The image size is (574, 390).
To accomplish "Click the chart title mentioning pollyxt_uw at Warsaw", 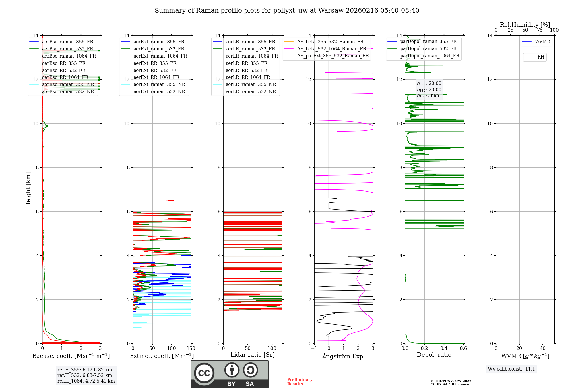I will (x=287, y=11).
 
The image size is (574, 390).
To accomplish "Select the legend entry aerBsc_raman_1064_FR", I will (x=69, y=56).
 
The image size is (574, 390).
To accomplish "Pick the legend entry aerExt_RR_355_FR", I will (x=155, y=63).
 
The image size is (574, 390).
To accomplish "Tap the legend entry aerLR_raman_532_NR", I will (x=251, y=91).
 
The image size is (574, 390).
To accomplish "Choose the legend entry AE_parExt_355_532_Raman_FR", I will (x=333, y=56).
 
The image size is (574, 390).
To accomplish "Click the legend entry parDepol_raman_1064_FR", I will (x=430, y=56).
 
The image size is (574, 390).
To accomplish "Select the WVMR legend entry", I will (x=542, y=42).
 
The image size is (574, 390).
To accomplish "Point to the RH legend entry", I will (x=541, y=57).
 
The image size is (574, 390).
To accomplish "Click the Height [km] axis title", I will (x=28, y=189).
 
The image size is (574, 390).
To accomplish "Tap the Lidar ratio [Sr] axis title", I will (x=253, y=355).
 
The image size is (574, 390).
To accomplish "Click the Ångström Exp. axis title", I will (x=344, y=356).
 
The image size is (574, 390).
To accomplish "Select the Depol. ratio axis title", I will (x=434, y=355).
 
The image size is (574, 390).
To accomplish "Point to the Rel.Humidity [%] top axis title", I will (x=525, y=25).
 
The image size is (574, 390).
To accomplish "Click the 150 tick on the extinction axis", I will (x=191, y=348).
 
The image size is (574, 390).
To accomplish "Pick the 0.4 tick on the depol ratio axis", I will (x=444, y=348).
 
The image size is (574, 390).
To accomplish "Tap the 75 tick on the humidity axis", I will (x=540, y=30).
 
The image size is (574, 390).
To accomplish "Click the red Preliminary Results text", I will (x=300, y=381).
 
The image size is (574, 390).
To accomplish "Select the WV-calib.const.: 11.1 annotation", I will (x=511, y=369).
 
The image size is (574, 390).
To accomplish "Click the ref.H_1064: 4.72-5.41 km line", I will (x=86, y=381).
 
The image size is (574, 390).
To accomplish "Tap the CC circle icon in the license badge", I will (x=204, y=373).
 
